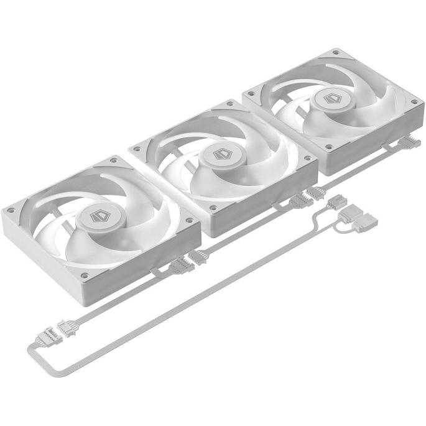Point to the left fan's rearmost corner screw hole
pyautogui.click(x=114, y=160)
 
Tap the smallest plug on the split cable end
pyautogui.click(x=337, y=202)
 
